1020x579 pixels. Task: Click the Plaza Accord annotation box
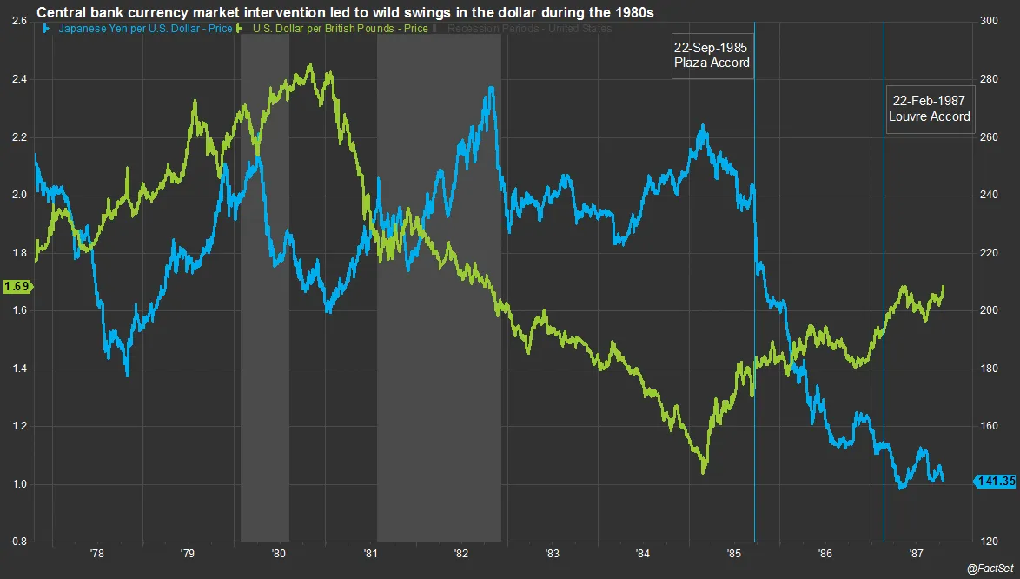(x=711, y=55)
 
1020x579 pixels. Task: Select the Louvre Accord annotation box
(x=929, y=109)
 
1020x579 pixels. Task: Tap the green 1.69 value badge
(x=16, y=285)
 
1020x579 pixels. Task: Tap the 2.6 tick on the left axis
(x=17, y=21)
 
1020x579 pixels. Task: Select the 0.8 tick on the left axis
(x=17, y=542)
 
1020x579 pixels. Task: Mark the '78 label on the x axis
(x=96, y=553)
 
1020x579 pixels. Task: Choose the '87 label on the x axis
(x=915, y=553)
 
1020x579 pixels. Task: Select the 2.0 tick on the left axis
(x=17, y=195)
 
